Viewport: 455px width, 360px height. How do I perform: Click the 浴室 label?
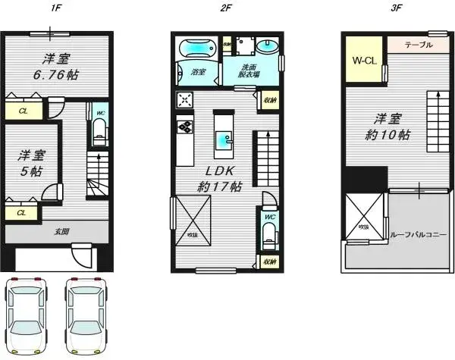pyautogui.click(x=199, y=73)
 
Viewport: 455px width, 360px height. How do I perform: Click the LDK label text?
pyautogui.click(x=219, y=171)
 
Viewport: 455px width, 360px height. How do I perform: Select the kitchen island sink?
pyautogui.click(x=223, y=139)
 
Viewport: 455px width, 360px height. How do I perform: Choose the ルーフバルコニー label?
pyautogui.click(x=418, y=236)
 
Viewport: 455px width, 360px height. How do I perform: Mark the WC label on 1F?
pyautogui.click(x=101, y=114)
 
